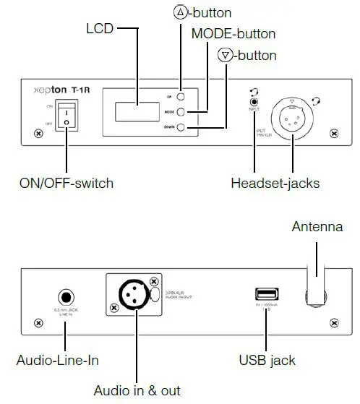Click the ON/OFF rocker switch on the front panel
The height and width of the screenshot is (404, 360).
tap(67, 116)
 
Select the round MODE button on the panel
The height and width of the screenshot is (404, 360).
tap(181, 112)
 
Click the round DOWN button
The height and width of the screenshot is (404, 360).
tap(181, 128)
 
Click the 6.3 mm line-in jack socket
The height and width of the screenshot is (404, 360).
tap(66, 297)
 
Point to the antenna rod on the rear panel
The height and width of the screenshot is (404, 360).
tap(315, 271)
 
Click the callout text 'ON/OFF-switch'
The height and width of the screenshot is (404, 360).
tap(67, 182)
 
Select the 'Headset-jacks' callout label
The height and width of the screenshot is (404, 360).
tap(275, 182)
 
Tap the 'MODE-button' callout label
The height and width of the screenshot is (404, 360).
tap(233, 34)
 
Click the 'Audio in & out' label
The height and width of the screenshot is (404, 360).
tap(137, 390)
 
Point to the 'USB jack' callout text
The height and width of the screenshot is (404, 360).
tap(267, 359)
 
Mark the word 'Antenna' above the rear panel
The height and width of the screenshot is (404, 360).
tap(317, 227)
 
